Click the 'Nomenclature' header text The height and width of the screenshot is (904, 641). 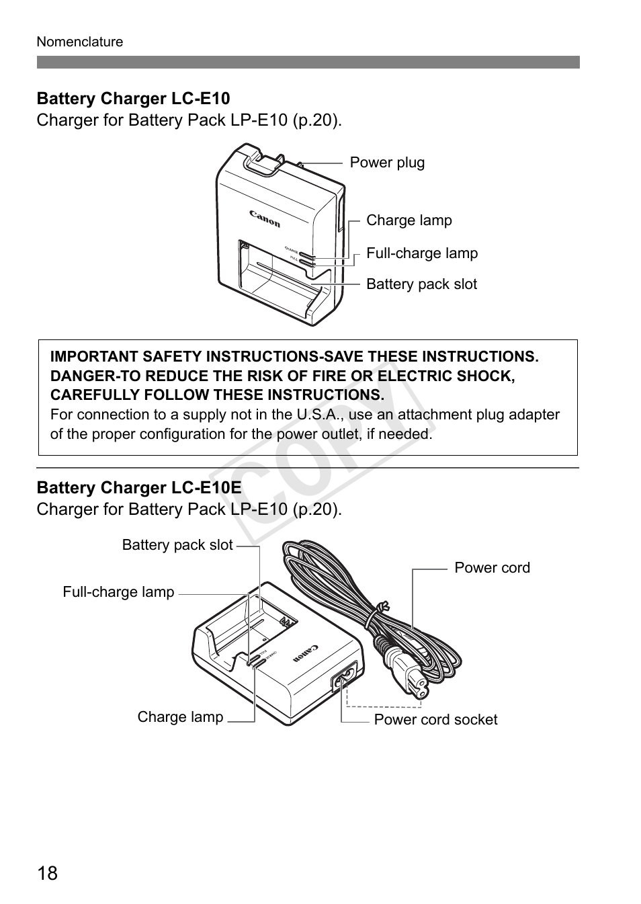(80, 42)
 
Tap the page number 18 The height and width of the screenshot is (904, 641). (48, 874)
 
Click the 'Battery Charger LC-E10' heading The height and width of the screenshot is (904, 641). (133, 99)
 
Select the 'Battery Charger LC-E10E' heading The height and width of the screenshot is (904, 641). (138, 487)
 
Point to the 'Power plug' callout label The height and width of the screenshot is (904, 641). (387, 163)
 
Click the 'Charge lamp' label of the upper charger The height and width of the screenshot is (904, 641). (409, 220)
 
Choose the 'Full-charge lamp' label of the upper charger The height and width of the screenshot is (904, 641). (422, 253)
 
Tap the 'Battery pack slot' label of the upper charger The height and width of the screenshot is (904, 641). (421, 284)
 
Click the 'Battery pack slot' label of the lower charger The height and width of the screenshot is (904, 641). (177, 545)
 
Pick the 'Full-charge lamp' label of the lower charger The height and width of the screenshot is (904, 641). (118, 592)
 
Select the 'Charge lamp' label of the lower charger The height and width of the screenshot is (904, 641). (180, 717)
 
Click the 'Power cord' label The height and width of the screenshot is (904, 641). (492, 568)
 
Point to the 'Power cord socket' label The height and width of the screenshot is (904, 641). (435, 720)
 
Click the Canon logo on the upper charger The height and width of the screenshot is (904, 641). (265, 219)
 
